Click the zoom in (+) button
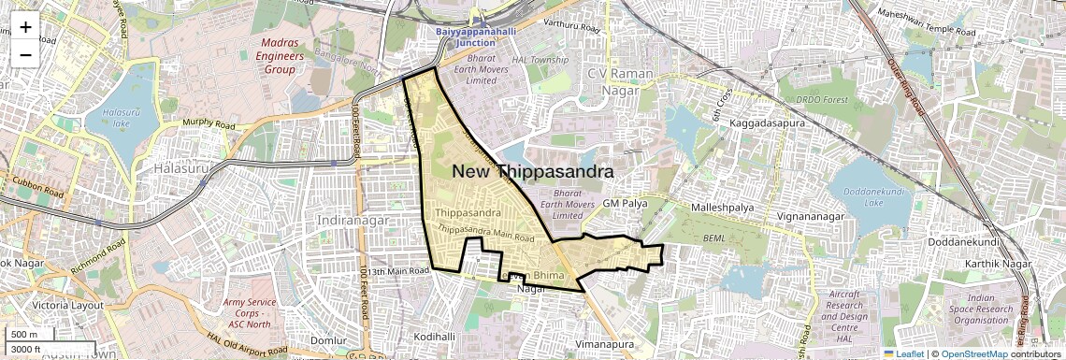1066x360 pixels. [x=25, y=27]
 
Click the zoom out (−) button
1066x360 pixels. [x=25, y=53]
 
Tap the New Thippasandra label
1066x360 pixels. [x=534, y=172]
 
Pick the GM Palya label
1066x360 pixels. [x=624, y=203]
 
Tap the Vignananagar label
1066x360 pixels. [x=811, y=217]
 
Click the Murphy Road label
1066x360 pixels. [x=209, y=123]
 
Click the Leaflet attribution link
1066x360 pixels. [x=903, y=353]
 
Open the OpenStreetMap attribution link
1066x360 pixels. [x=973, y=353]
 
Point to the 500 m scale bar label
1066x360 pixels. [x=25, y=335]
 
